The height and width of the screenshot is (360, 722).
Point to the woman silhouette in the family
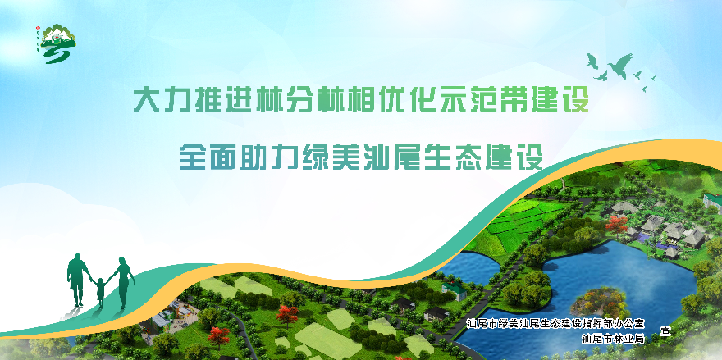pyautogui.click(x=123, y=281)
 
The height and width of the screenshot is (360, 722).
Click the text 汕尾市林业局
pyautogui.click(x=612, y=338)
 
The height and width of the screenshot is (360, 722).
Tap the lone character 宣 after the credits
pyautogui.click(x=665, y=331)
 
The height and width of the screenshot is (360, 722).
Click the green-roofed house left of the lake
pyautogui.click(x=454, y=287)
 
